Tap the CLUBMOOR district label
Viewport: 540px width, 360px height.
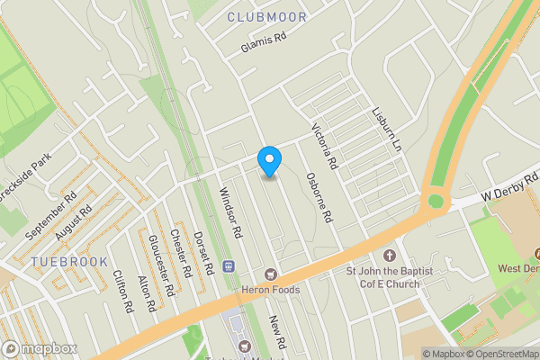tap(266, 17)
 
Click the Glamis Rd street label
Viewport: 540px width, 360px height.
tap(263, 41)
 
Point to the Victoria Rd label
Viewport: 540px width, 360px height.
tap(324, 146)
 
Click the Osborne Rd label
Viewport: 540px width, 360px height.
tap(319, 198)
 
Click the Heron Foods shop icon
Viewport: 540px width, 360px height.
tap(268, 273)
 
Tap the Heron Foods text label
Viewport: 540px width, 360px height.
tap(270, 290)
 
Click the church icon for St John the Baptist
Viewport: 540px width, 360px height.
tap(390, 256)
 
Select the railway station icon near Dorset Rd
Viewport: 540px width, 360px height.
tap(228, 266)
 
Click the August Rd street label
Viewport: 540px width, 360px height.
tap(73, 224)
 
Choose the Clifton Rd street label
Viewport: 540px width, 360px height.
tap(122, 292)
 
